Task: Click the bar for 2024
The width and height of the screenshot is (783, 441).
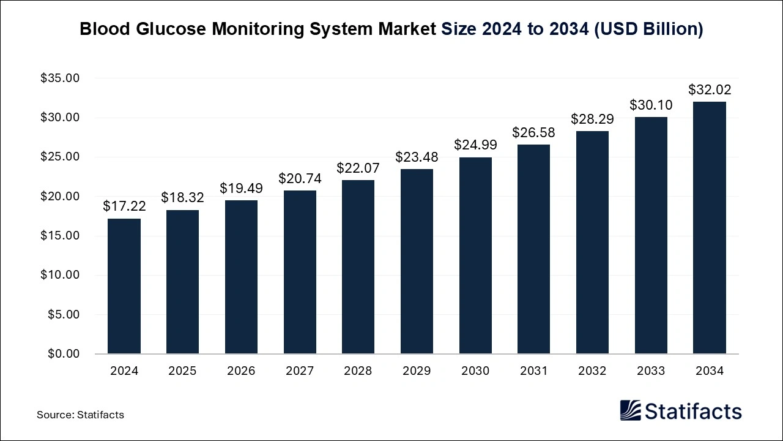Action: point(124,286)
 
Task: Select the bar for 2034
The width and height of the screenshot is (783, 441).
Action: point(710,228)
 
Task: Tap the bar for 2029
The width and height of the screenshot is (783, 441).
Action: point(417,262)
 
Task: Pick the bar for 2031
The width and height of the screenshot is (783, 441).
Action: point(534,249)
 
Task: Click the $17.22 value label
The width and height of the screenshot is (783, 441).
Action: point(124,206)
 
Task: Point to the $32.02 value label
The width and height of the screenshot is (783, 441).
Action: point(710,89)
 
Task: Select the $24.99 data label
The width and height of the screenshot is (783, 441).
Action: point(475,145)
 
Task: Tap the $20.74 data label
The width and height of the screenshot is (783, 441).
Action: point(300,178)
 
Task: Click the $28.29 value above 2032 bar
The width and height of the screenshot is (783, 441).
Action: point(592,119)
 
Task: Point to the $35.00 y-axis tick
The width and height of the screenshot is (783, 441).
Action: point(60,78)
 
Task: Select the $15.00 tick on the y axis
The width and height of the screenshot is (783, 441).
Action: point(60,236)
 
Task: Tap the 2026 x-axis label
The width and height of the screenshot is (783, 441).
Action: point(241,371)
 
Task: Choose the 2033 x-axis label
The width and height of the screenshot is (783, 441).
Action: point(651,371)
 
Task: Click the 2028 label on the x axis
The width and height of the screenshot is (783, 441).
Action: point(358,371)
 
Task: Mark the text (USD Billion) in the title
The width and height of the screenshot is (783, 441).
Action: point(648,29)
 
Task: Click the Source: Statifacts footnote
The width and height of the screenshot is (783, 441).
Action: point(80,415)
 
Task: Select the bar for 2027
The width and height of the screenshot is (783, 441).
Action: point(300,272)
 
